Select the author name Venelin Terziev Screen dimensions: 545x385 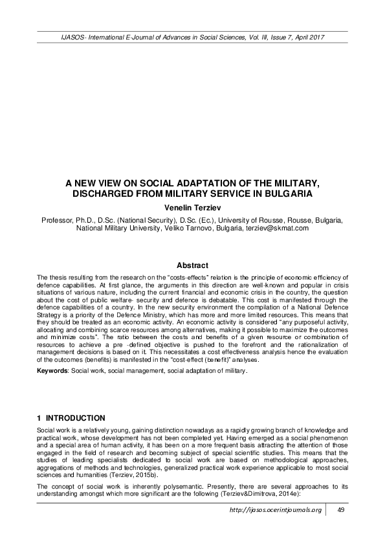[x=192, y=206]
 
